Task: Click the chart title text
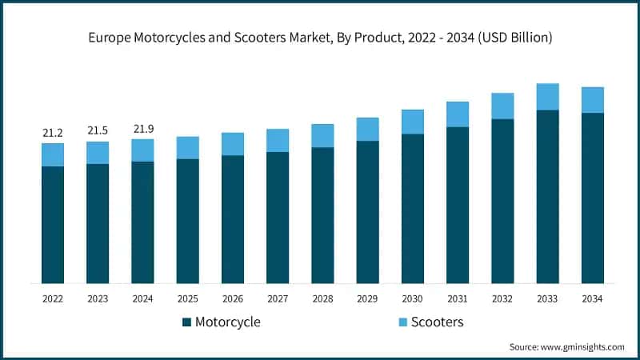[320, 38]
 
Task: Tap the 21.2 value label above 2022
[53, 132]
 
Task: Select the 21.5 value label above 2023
[98, 130]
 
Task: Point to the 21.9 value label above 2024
[142, 128]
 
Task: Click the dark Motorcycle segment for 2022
[53, 224]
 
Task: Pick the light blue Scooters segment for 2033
[547, 97]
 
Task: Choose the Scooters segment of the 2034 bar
[592, 100]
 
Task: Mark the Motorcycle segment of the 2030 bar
[413, 208]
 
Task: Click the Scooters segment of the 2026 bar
[233, 144]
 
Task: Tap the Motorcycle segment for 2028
[322, 214]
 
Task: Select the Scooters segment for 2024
[142, 150]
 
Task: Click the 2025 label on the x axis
[187, 298]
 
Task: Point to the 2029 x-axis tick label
[367, 298]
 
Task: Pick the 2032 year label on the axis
[502, 298]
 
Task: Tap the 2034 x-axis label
[592, 298]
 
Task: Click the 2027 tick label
[278, 298]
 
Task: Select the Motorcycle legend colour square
[187, 322]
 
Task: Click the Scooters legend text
[438, 322]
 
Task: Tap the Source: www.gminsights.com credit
[566, 346]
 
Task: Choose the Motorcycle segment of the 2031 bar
[458, 204]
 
